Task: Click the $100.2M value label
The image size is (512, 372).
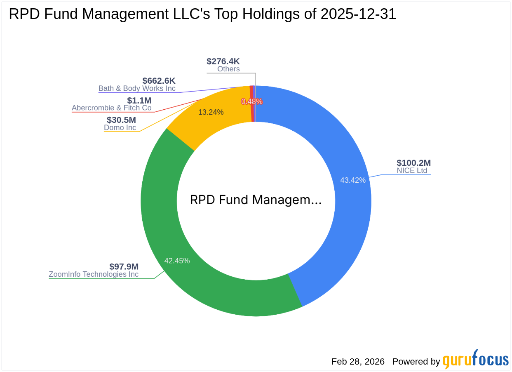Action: point(413,163)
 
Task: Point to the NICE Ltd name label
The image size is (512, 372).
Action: point(412,170)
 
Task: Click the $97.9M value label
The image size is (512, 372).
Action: point(124,266)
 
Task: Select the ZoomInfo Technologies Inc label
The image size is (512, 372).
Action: point(94,274)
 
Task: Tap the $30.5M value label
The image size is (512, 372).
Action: point(121,120)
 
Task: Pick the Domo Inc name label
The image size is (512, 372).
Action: point(120,127)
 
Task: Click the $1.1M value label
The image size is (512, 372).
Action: point(139,100)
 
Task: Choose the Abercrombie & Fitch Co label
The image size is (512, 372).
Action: point(112,108)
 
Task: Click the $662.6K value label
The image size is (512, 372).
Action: point(159,81)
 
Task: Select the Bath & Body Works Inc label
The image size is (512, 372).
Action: point(137,88)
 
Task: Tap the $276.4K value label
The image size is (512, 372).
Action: point(223,61)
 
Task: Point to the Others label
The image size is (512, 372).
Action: point(228,69)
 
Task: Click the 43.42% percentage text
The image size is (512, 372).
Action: point(352,180)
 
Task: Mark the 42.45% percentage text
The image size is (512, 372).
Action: point(177,261)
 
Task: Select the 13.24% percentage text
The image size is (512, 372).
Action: point(211,112)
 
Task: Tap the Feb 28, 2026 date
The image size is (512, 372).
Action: point(358,362)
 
